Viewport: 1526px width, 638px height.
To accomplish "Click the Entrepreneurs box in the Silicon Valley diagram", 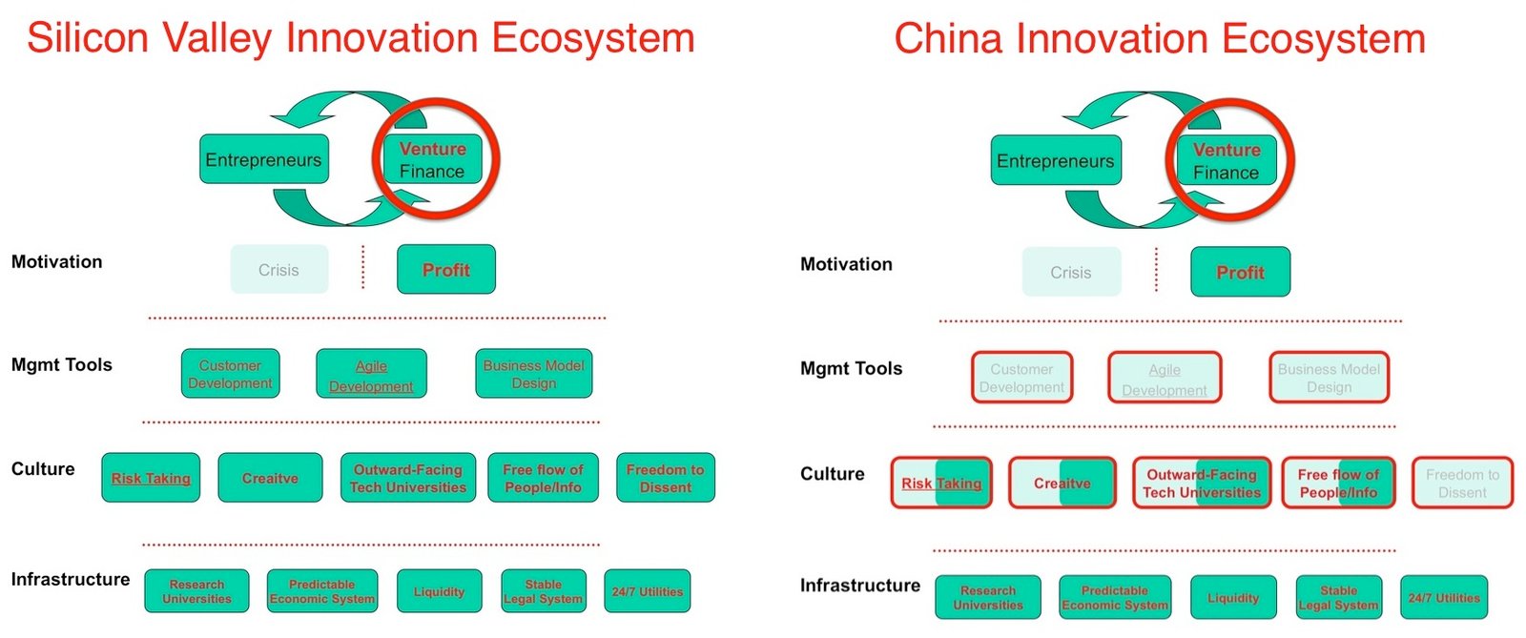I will pos(263,159).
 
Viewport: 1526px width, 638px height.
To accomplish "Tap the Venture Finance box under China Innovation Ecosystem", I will pos(1227,161).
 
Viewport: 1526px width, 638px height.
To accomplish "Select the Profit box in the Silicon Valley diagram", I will pos(446,270).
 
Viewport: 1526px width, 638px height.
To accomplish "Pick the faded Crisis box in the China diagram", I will pos(1071,273).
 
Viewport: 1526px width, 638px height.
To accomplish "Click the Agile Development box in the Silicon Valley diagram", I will pos(371,375).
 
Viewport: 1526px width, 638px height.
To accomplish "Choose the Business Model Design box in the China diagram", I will pos(1329,378).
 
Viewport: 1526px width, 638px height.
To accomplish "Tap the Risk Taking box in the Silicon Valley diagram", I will pos(151,478).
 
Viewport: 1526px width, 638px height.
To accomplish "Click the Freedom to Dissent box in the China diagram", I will pos(1462,483).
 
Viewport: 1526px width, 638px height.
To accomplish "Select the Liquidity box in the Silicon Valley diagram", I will pos(439,591).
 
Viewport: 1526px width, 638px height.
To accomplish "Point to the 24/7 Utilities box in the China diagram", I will pos(1444,597).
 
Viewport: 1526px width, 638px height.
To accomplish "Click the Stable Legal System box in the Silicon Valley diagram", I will pos(543,591).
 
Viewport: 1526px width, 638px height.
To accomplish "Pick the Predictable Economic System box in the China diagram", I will pos(1114,597).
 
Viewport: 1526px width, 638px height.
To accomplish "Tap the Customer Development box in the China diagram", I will pos(1021,378).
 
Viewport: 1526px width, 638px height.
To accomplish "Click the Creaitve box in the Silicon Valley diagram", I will pos(270,478).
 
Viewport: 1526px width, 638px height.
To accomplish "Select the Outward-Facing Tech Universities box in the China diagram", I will pos(1202,483).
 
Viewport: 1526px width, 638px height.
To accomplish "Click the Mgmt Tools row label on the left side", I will pos(62,364).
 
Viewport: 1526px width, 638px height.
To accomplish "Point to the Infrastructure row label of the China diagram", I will pos(859,585).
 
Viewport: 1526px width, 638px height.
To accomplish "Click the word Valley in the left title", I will pos(217,38).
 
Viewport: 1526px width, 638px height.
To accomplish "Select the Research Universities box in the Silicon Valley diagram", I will pos(196,591).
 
